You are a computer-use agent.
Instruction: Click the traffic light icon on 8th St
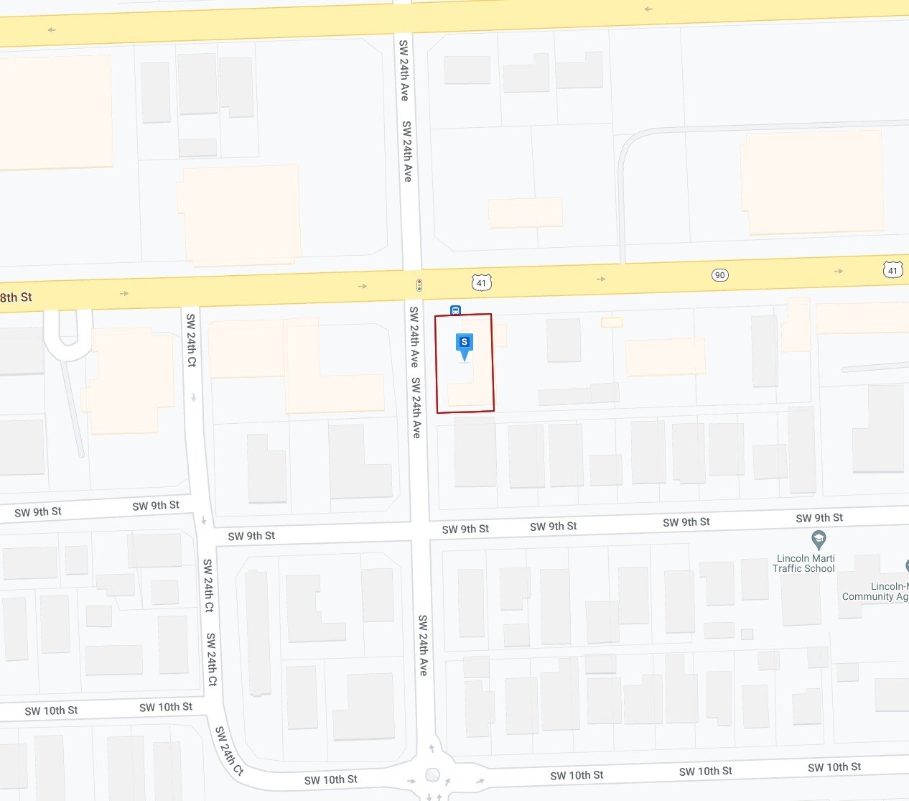point(419,285)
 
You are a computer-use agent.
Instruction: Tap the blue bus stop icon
point(455,310)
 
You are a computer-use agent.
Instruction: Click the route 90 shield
point(719,275)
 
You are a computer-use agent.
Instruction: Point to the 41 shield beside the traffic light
point(481,282)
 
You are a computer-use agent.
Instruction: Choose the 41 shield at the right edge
point(892,270)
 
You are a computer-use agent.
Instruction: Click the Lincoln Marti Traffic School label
point(803,563)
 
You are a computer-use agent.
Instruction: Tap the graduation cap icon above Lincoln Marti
point(818,539)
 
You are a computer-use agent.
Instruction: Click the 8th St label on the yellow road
point(17,297)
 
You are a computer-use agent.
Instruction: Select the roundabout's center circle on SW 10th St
point(432,774)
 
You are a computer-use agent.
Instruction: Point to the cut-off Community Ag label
point(875,592)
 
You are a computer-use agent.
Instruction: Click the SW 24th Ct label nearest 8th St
point(191,340)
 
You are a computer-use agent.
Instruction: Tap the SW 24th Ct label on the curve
point(229,750)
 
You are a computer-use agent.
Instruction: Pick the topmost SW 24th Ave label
point(404,70)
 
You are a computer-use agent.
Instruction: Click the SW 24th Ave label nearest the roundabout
point(423,644)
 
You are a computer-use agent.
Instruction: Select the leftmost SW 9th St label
point(38,512)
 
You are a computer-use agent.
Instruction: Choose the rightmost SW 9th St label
point(819,518)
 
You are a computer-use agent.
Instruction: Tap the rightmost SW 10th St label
point(834,767)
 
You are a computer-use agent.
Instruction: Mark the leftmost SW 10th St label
point(51,710)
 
